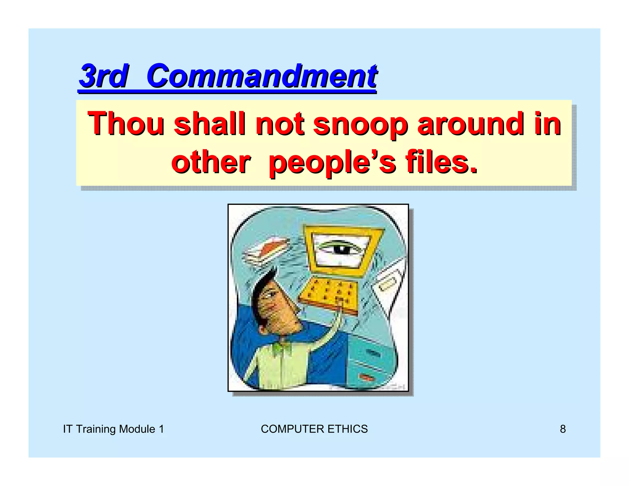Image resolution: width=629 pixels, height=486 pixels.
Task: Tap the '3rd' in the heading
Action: tap(103, 76)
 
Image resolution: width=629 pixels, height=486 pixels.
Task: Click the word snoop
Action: tap(360, 124)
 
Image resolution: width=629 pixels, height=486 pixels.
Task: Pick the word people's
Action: tap(332, 163)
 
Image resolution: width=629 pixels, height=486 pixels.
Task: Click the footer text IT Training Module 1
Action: tap(113, 429)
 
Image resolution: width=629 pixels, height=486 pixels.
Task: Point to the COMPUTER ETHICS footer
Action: tap(314, 429)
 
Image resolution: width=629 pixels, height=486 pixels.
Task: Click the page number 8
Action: tap(563, 429)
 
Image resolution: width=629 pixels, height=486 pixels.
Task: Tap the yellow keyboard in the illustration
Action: tap(330, 295)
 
